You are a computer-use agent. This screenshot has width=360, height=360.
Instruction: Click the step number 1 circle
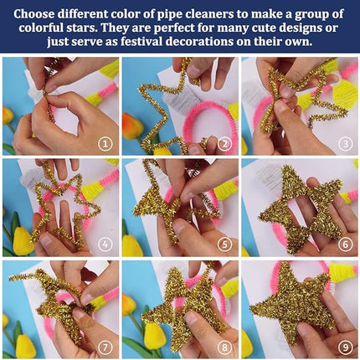click(x=105, y=142)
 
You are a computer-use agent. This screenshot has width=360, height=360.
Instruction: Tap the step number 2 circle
click(x=225, y=142)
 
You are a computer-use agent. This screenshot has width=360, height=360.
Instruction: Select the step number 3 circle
click(x=345, y=142)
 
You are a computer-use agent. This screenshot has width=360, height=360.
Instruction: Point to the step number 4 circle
click(x=105, y=244)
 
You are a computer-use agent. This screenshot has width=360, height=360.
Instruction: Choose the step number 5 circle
click(x=225, y=244)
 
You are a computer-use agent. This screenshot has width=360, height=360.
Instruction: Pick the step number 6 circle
click(x=345, y=244)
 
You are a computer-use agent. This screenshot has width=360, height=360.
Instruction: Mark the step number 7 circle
click(x=105, y=345)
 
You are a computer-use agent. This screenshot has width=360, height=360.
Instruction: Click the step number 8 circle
click(x=225, y=345)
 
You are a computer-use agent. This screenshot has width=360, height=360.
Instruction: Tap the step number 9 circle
click(x=345, y=345)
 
